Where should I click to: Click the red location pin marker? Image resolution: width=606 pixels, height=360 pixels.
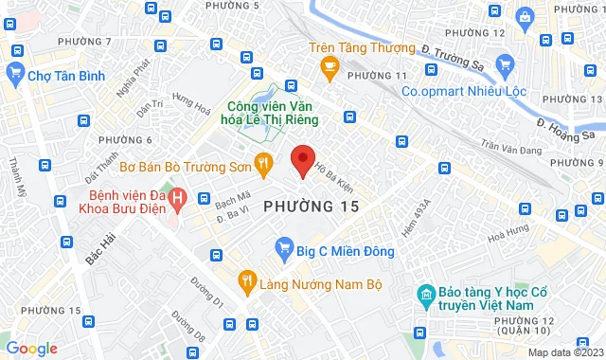(x=302, y=161)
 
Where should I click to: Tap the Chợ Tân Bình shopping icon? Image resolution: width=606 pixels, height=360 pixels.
(x=15, y=72)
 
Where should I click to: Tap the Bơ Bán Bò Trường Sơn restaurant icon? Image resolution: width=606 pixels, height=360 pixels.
(x=264, y=166)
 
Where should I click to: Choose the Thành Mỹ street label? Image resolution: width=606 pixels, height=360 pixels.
(x=16, y=177)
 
